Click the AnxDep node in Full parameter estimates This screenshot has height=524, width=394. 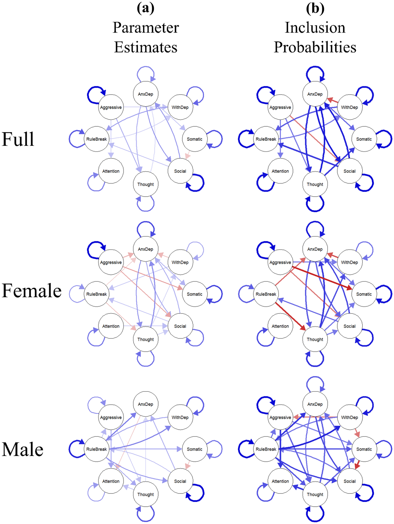[x=145, y=94]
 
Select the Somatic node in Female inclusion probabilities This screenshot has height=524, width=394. [x=364, y=294]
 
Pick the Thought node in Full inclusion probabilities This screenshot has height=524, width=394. [x=315, y=184]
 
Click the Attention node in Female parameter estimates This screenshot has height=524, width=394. [x=111, y=326]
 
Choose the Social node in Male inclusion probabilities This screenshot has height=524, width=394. [x=349, y=481]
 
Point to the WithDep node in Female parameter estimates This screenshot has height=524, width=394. [x=180, y=262]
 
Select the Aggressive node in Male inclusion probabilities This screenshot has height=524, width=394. [x=280, y=418]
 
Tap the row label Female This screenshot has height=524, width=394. [x=32, y=291]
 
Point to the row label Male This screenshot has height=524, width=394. [x=23, y=449]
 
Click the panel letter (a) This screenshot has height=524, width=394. [x=145, y=8]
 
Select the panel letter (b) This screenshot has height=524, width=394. [x=315, y=8]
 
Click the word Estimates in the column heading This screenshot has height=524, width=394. [x=146, y=47]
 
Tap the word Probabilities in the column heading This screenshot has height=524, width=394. [x=315, y=47]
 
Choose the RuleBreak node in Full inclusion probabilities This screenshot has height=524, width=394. [x=266, y=139]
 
